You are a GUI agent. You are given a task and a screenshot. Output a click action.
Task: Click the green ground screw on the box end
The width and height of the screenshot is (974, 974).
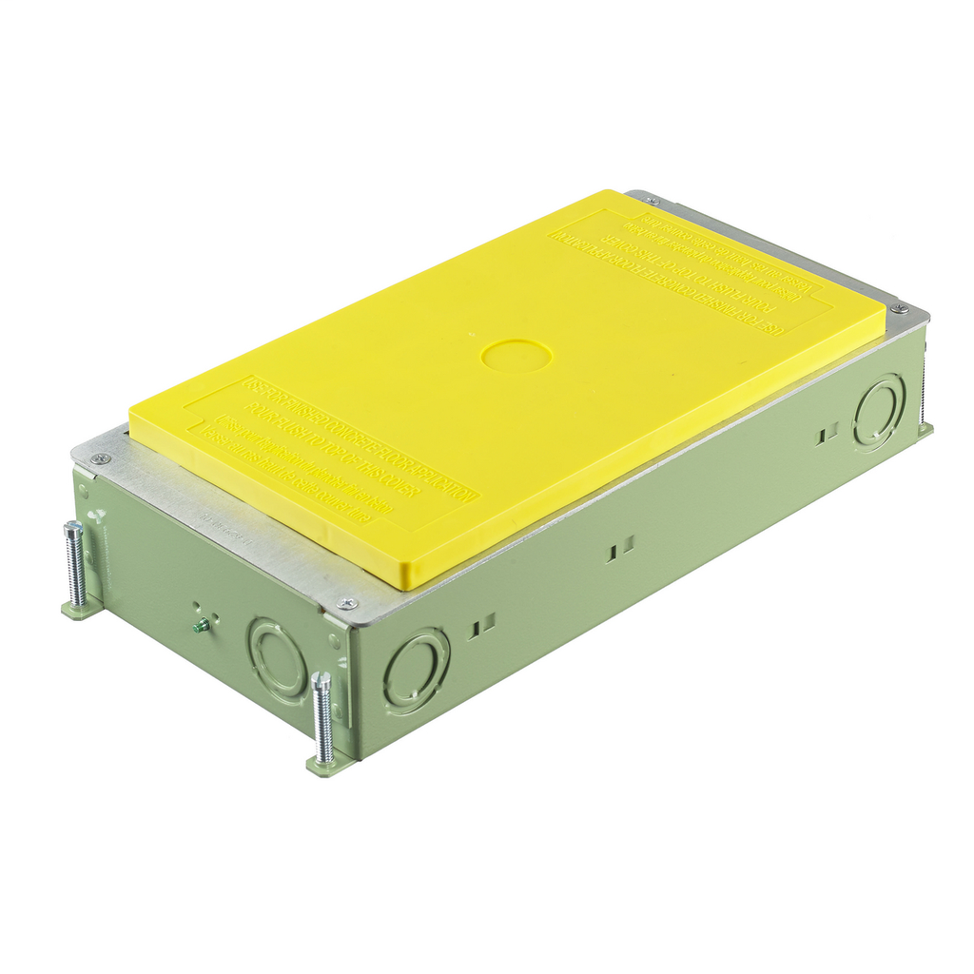pyautogui.click(x=202, y=625)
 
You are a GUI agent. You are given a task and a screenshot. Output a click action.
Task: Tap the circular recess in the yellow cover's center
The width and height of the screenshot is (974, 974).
pyautogui.click(x=516, y=356)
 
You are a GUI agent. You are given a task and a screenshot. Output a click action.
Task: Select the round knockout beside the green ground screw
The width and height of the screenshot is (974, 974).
pyautogui.click(x=276, y=659)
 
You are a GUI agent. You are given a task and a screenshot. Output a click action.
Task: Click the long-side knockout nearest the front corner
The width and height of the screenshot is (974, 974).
pyautogui.click(x=416, y=670)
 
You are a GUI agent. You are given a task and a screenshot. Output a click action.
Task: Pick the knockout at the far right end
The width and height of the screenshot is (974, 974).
pyautogui.click(x=879, y=411)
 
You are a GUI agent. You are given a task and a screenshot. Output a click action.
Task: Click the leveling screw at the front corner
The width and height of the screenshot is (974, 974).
pyautogui.click(x=323, y=717)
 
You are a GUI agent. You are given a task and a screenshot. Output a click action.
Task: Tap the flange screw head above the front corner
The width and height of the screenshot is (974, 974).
pyautogui.click(x=347, y=603)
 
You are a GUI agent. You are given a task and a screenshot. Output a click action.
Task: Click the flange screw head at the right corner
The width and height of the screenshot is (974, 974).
pyautogui.click(x=897, y=308)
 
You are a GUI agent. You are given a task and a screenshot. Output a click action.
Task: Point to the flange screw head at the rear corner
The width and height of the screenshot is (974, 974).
pyautogui.click(x=651, y=200)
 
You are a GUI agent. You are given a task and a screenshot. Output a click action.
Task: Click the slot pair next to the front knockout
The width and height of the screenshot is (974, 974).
pyautogui.click(x=482, y=624)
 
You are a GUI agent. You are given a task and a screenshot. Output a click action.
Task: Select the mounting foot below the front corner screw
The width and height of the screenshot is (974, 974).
pyautogui.click(x=323, y=764)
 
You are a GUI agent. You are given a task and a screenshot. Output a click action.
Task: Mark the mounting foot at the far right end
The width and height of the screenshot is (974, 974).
pyautogui.click(x=925, y=429)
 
